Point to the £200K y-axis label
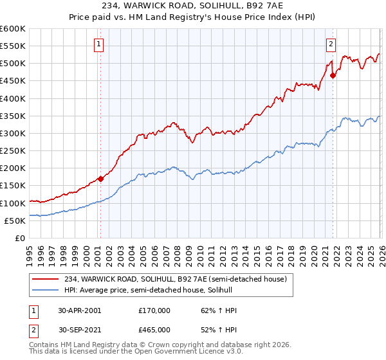(13, 168)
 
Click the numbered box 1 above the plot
(100, 44)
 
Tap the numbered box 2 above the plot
(331, 44)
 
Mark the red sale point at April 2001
(101, 179)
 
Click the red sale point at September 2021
(333, 76)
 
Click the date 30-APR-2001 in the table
(80, 310)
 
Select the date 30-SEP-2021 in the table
(80, 329)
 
